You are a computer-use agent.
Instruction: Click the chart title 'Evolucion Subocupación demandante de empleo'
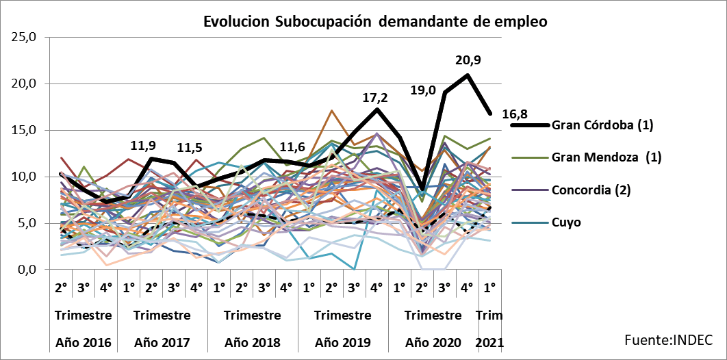pyautogui.click(x=375, y=22)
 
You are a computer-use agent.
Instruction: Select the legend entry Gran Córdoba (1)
pyautogui.click(x=603, y=125)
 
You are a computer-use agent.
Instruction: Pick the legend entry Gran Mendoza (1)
pyautogui.click(x=606, y=157)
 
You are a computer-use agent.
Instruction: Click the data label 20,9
pyautogui.click(x=468, y=60)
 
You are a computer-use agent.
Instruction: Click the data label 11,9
pyautogui.click(x=144, y=145)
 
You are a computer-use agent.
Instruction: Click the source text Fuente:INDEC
pyautogui.click(x=668, y=339)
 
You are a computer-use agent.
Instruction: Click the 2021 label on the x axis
pyautogui.click(x=489, y=342)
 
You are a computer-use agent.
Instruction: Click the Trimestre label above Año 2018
pyautogui.click(x=253, y=316)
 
